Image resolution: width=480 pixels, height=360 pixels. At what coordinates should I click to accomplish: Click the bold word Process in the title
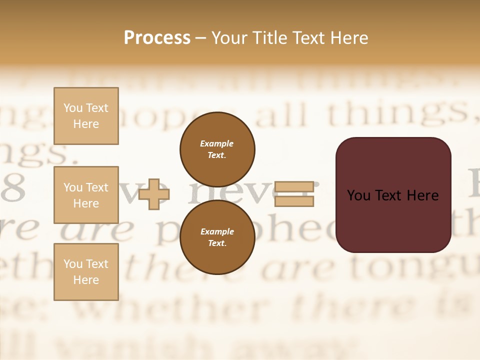pos(157,37)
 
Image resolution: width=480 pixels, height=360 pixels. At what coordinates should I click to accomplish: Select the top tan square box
pos(86,116)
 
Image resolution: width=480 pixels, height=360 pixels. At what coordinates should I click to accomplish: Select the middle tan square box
pos(86,195)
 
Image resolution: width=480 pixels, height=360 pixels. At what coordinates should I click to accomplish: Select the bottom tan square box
pos(86,271)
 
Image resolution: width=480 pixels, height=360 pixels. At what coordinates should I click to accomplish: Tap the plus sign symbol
pos(154,194)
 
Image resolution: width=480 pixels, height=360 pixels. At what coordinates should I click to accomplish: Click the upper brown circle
pos(217,149)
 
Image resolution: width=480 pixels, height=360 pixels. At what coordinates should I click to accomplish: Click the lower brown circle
pos(217,237)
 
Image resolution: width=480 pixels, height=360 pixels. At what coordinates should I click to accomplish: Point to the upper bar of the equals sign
pos(294,186)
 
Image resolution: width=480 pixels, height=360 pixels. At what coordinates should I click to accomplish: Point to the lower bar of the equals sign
pos(294,201)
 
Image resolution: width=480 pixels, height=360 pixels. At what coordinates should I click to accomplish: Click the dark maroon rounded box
pos(393,195)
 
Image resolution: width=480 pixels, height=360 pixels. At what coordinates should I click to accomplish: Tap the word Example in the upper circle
pos(217,143)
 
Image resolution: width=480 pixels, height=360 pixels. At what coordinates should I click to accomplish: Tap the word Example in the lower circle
pos(217,231)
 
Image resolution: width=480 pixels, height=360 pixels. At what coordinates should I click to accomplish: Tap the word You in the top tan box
pos(73,108)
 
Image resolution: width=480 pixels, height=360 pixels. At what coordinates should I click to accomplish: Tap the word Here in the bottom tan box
pos(86,280)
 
